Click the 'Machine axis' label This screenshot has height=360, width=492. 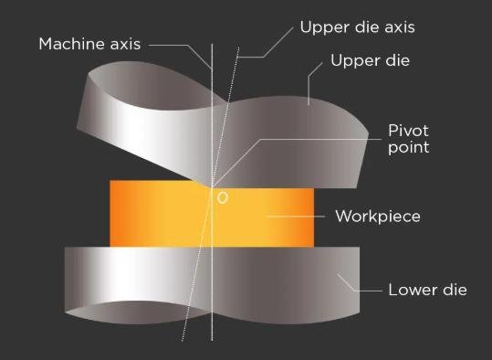tap(89, 44)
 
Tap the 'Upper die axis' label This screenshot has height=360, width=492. tap(358, 27)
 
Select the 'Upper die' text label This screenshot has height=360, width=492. tap(371, 60)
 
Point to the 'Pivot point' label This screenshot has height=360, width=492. tap(409, 139)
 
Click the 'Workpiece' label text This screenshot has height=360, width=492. tap(378, 217)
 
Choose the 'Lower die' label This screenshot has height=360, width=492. tap(428, 290)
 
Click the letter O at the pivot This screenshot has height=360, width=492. tap(223, 198)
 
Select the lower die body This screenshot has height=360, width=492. tap(212, 282)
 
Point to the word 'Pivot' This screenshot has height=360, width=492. tap(408, 131)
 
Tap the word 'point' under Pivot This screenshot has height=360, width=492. tap(409, 148)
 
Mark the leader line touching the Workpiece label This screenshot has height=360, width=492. tap(296, 217)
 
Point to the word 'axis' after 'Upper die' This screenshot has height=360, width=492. tap(400, 27)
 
